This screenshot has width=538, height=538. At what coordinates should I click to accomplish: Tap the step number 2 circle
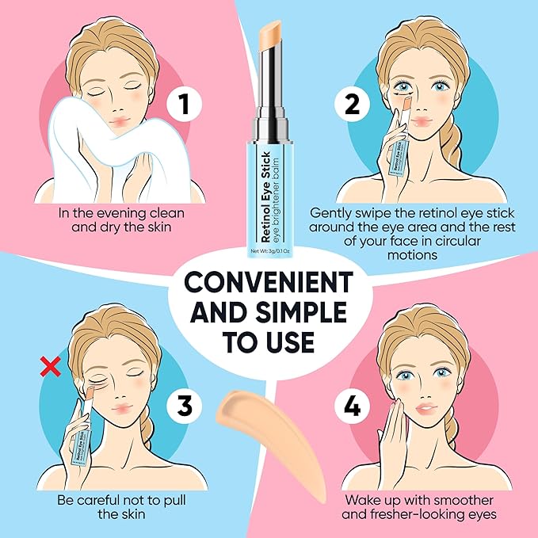349,104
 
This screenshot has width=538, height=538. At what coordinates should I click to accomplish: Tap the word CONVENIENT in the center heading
269,283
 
